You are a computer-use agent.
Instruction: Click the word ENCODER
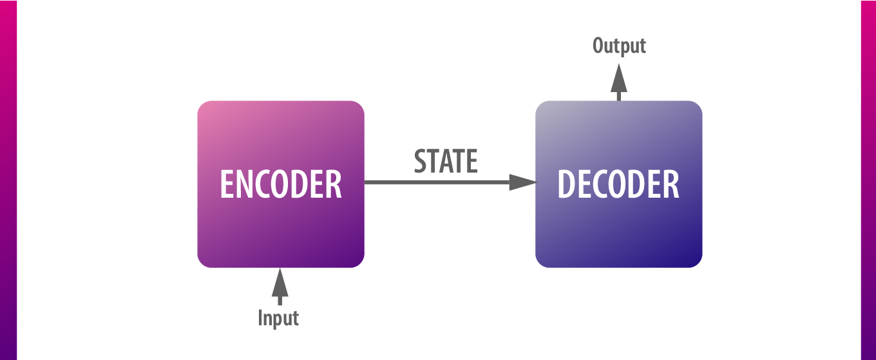pyautogui.click(x=281, y=185)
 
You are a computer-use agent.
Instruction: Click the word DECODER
pyautogui.click(x=618, y=185)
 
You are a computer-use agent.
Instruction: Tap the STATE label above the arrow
pyautogui.click(x=446, y=162)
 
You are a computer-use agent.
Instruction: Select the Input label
pyautogui.click(x=278, y=319)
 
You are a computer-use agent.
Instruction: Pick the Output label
pyautogui.click(x=619, y=46)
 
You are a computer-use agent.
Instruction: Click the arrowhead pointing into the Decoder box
pyautogui.click(x=522, y=183)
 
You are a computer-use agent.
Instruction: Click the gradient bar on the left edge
pyautogui.click(x=8, y=180)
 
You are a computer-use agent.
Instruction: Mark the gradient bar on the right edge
pyautogui.click(x=868, y=180)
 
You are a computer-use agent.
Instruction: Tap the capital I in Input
pyautogui.click(x=261, y=318)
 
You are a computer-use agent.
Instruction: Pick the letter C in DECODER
pyautogui.click(x=604, y=185)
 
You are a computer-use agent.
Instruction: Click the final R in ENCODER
pyautogui.click(x=333, y=185)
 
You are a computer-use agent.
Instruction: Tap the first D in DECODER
pyautogui.click(x=566, y=185)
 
